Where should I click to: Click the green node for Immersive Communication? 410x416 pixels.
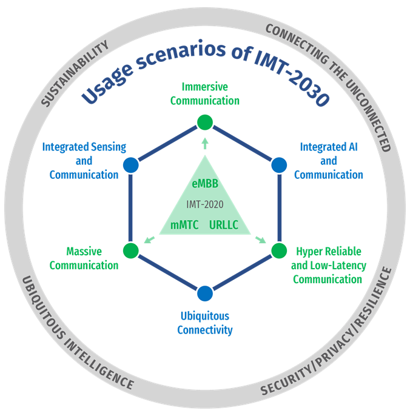205,122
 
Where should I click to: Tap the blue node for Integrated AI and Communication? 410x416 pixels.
278,164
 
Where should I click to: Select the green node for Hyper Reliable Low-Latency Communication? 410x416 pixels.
278,250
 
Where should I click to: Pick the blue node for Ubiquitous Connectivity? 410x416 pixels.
205,293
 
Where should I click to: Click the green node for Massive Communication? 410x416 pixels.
130,250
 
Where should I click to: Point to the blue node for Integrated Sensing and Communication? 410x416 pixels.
130,164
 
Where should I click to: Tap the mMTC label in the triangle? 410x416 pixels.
184,225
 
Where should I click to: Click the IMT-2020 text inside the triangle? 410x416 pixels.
204,204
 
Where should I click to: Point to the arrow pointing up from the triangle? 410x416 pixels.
205,143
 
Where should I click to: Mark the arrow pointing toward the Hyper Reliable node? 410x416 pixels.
261,240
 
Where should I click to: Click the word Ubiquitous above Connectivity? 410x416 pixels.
204,317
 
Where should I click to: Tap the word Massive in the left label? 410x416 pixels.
84,252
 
